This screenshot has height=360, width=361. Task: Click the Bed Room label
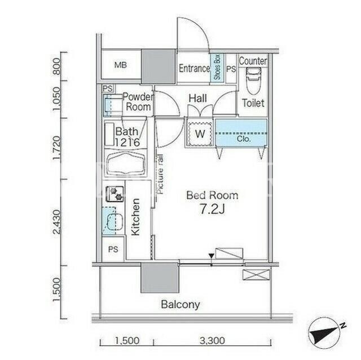point(212,195)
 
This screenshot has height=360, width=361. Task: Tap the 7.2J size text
point(212,209)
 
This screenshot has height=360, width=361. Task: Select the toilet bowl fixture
point(253,81)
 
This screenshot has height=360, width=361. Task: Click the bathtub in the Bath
point(126,163)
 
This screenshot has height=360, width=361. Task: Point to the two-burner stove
point(115,194)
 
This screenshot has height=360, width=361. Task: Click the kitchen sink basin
point(115,221)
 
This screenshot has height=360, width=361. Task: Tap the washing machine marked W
point(200,134)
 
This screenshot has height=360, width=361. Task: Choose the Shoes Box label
point(217,67)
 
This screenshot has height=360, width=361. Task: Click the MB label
point(121,65)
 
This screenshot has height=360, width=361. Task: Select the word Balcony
point(180,304)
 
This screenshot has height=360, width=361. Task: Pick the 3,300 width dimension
point(212,340)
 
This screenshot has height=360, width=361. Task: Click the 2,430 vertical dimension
point(57,221)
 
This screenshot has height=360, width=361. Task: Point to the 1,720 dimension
point(57,148)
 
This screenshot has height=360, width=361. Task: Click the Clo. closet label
point(243,139)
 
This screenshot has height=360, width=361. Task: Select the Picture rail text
point(160,174)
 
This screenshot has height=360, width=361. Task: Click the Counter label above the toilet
point(253,61)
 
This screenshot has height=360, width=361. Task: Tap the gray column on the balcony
point(160,278)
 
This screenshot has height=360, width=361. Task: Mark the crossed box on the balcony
point(256,275)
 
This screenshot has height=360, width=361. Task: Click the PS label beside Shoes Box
point(231,69)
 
